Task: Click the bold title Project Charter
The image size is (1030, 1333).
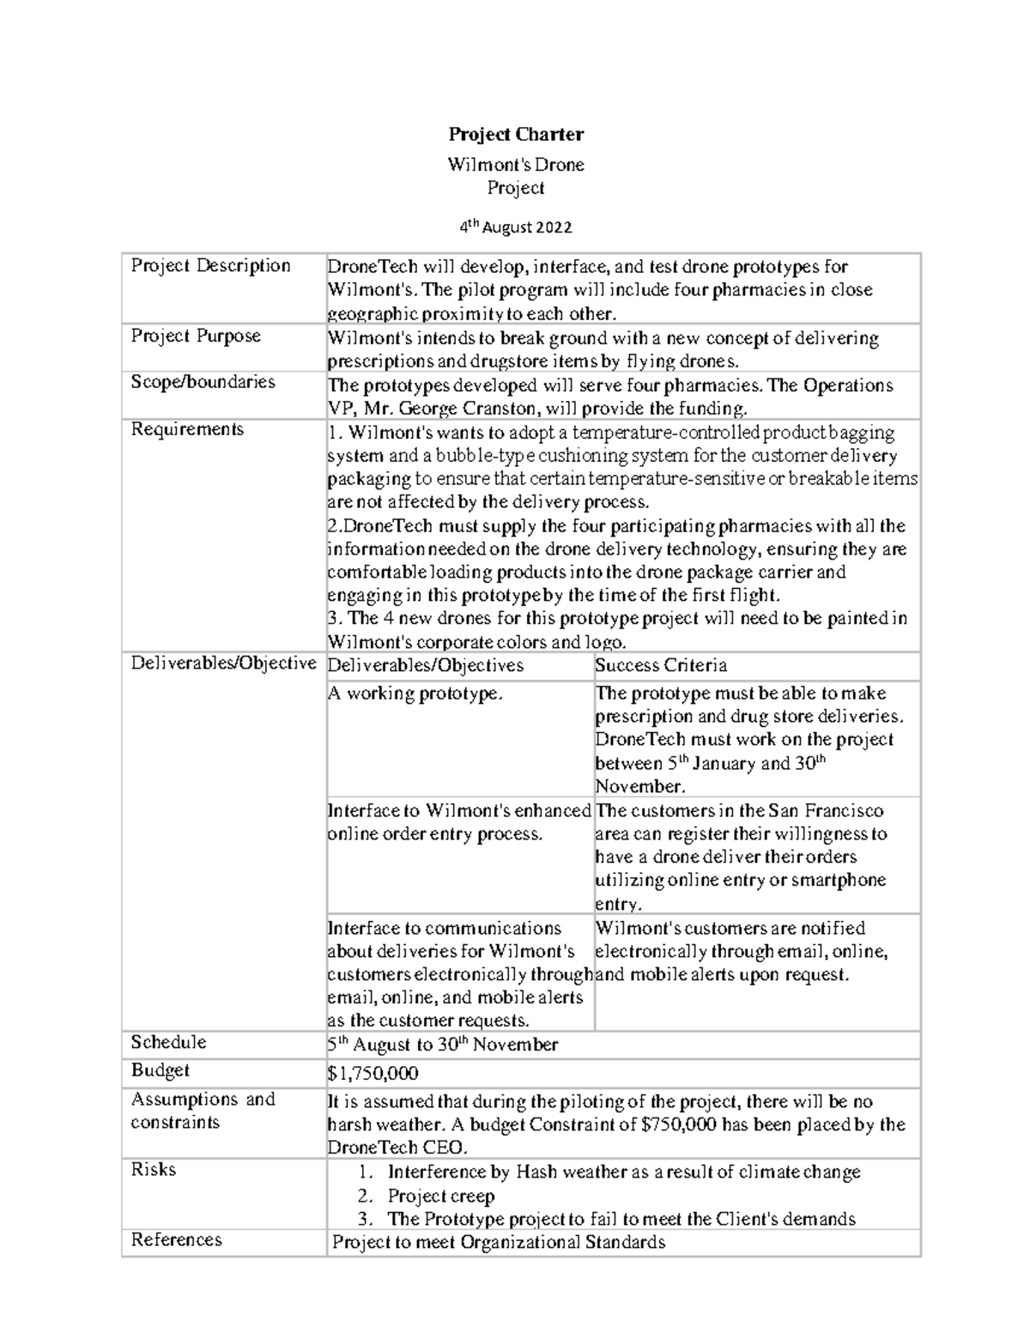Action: pos(516,134)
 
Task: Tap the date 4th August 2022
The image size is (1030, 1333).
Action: pos(515,227)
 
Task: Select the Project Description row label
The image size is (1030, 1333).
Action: pos(210,265)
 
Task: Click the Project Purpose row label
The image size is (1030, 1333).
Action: pos(196,336)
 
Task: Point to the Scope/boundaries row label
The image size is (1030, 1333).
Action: pos(203,382)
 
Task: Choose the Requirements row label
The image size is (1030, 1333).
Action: pos(187,429)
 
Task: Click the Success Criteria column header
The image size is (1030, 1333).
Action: pos(661,665)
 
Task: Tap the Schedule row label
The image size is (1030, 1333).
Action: pos(168,1042)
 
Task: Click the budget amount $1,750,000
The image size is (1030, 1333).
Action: pos(373,1073)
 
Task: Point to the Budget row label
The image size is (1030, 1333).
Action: pos(160,1070)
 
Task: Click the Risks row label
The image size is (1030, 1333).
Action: pos(153,1169)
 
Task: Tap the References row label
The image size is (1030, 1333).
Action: pos(176,1239)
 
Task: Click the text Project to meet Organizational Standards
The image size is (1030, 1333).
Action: pos(499,1242)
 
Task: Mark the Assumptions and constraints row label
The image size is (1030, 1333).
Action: pos(203,1111)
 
